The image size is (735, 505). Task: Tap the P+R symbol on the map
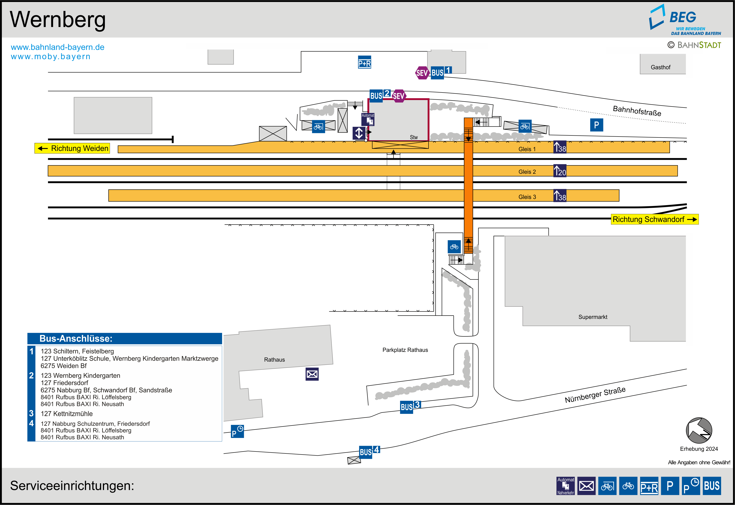[364, 62]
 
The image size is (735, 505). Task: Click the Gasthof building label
[660, 67]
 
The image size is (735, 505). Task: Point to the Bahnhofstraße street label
[637, 111]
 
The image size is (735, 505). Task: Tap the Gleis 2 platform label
[527, 172]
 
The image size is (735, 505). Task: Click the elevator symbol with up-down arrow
[359, 133]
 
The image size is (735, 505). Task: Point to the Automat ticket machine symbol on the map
[368, 119]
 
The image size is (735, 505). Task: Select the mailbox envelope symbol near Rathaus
[312, 374]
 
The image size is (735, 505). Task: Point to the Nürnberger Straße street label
[595, 395]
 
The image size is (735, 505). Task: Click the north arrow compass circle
[699, 431]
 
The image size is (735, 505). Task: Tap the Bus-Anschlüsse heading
[76, 339]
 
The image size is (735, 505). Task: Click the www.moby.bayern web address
[51, 57]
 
